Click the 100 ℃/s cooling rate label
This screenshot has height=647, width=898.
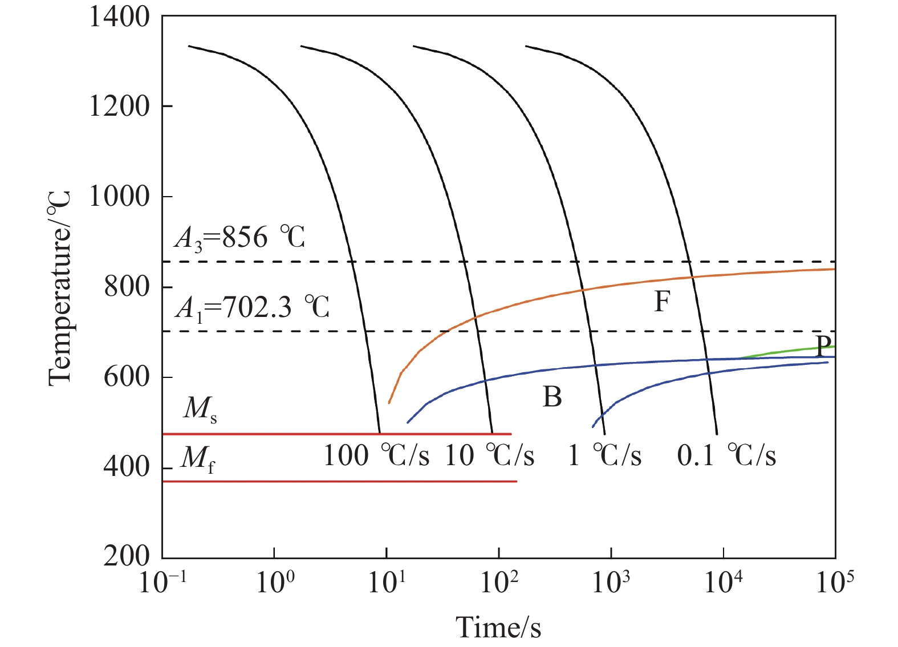[x=376, y=455]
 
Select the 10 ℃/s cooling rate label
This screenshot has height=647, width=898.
[x=490, y=455]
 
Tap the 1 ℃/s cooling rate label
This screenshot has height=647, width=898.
[x=605, y=455]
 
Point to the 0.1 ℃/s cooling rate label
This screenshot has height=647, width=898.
[x=726, y=455]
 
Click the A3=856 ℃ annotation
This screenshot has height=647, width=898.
[x=240, y=237]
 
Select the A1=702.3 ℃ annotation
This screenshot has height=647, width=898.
[x=253, y=308]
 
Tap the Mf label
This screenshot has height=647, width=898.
[x=198, y=458]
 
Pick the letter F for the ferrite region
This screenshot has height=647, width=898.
[x=661, y=302]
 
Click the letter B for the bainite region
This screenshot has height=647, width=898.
[x=552, y=397]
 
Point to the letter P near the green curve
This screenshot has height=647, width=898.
[x=823, y=345]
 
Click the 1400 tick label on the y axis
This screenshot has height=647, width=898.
[x=119, y=17]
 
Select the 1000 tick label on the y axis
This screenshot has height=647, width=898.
[x=119, y=197]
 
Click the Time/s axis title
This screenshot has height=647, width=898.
[x=498, y=627]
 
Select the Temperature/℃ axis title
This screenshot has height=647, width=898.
[x=59, y=288]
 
